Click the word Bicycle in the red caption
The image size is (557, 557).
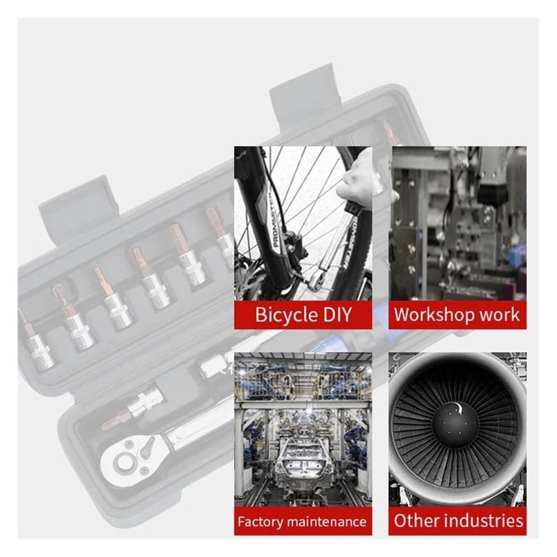click(286, 315)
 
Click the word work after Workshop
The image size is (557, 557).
click(499, 315)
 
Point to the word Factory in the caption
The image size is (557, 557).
click(260, 521)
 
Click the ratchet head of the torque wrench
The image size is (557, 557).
click(132, 458)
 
